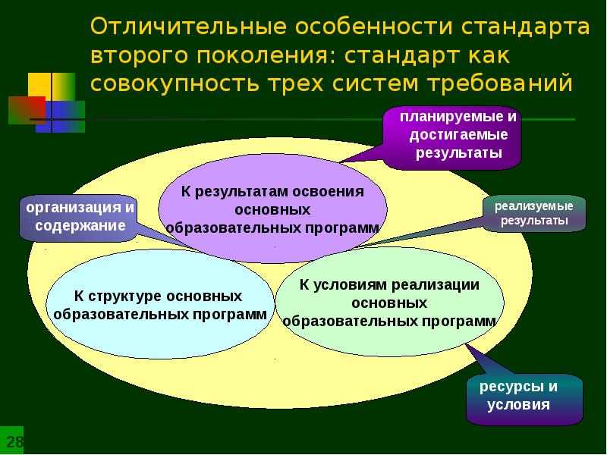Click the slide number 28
click(x=14, y=441)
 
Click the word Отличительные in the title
click(x=186, y=27)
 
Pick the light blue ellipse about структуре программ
click(x=159, y=303)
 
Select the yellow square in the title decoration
click(x=42, y=85)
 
